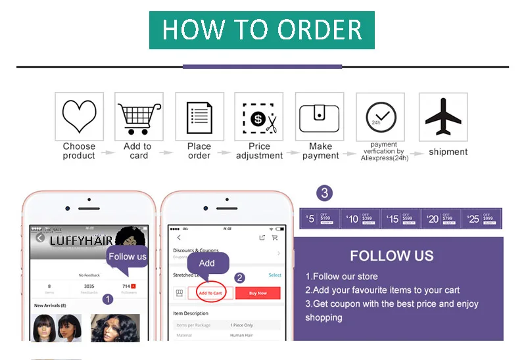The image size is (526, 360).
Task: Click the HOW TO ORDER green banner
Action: pos(262,30)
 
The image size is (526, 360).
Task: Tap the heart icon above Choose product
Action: pos(79,116)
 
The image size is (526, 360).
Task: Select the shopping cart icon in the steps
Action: pos(139,116)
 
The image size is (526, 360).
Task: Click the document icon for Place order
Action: pos(199,116)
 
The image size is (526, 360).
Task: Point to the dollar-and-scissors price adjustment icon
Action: pos(259,116)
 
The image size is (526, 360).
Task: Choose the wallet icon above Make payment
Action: pos(320,116)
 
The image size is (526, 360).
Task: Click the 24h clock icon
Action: pos(380,116)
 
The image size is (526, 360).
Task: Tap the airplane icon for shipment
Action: pos(442,116)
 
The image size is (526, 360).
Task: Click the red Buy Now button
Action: pos(258,293)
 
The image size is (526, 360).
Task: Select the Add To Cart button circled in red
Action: pos(210,293)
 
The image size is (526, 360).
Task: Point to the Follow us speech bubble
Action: pos(127,256)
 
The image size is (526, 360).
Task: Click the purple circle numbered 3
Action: pos(323,193)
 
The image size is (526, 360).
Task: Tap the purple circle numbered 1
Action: pos(108,299)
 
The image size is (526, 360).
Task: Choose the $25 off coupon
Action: pos(481,219)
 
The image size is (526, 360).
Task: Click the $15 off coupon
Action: pos(401,219)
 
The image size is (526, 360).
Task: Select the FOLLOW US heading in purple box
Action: pos(391,256)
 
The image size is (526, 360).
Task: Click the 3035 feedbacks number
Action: pos(89,286)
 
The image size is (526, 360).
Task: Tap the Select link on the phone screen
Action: pos(275,275)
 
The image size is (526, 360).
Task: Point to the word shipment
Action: pos(448,152)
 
